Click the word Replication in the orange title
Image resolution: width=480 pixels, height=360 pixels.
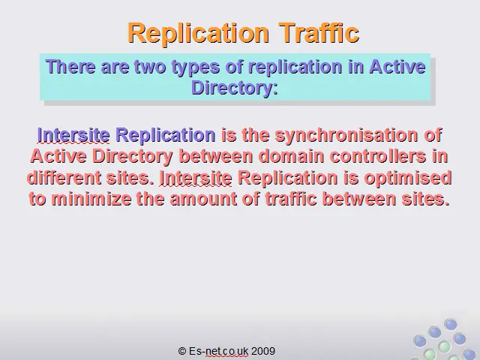[x=198, y=33]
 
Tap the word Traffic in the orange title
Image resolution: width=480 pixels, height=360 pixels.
[x=319, y=32]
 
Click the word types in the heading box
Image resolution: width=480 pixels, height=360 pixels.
[x=195, y=67]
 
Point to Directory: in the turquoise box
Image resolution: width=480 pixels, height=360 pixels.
[x=235, y=88]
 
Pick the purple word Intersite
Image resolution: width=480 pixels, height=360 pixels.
[x=73, y=135]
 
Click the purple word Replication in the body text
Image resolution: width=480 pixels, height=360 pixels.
[x=166, y=136]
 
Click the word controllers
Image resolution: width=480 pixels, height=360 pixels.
[x=378, y=156]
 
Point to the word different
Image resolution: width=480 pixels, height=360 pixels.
[x=64, y=178]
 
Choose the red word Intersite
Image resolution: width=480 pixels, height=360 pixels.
[x=196, y=178]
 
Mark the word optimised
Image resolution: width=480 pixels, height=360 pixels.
[x=408, y=178]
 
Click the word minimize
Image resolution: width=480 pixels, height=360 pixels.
[x=91, y=199]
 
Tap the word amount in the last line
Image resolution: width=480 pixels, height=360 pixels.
[x=203, y=199]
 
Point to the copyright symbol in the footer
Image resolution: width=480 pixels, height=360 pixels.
[x=182, y=351]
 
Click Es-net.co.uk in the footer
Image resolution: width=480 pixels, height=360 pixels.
[x=218, y=351]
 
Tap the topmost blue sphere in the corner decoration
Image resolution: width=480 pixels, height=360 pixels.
[x=451, y=324]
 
